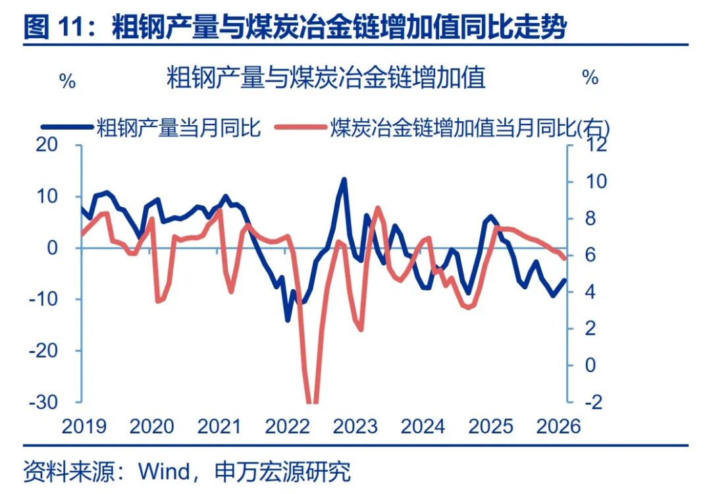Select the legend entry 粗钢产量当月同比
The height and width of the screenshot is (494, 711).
click(x=178, y=126)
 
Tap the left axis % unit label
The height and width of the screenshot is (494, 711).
click(x=67, y=82)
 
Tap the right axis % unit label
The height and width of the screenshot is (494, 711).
click(x=590, y=78)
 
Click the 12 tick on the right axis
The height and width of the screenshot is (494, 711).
click(x=588, y=145)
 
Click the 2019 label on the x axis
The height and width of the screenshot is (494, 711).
click(x=84, y=426)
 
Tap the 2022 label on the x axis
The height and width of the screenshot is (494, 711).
click(x=287, y=426)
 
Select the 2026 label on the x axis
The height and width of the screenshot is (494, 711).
click(x=558, y=426)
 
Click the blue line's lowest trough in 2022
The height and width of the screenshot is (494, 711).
click(x=288, y=319)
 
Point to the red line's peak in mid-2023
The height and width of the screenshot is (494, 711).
click(x=377, y=207)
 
